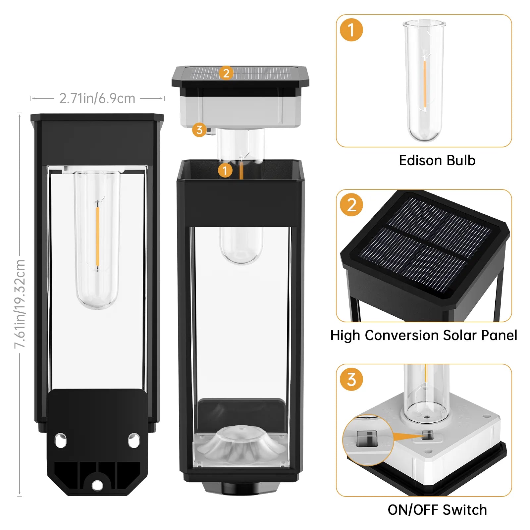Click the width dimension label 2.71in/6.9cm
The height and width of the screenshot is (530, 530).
[x=97, y=98]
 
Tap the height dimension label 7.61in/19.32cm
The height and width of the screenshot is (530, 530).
[x=20, y=304]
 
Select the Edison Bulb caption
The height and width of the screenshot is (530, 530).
[x=437, y=160]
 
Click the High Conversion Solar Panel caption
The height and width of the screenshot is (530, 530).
[x=424, y=335]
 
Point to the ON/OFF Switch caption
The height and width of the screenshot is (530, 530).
[x=437, y=510]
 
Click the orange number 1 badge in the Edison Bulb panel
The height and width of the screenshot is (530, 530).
[x=351, y=30]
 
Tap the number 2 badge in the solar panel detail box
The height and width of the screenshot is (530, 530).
[x=351, y=205]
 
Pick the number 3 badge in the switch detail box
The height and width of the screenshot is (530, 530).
[x=351, y=379]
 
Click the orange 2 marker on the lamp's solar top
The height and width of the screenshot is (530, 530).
[x=226, y=73]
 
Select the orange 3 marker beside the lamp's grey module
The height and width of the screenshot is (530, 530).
[x=199, y=130]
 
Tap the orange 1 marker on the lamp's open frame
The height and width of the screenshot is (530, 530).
[x=225, y=171]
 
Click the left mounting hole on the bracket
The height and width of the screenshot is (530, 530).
[x=61, y=441]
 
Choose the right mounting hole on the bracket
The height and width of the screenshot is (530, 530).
[x=134, y=440]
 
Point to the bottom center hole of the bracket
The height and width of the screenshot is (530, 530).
[x=97, y=486]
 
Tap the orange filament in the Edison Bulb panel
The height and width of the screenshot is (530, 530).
[x=425, y=84]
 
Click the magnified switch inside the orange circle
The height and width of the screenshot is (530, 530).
[x=367, y=439]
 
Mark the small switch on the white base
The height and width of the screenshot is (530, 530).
[x=428, y=435]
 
